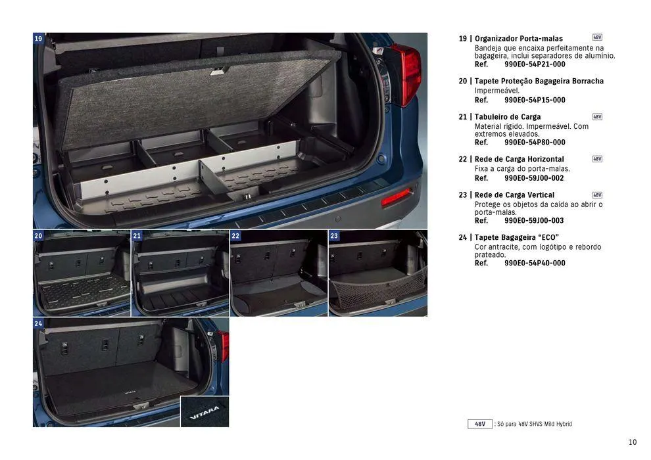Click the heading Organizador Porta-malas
click(518, 39)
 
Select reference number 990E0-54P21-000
click(535, 64)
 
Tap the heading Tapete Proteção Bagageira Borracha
click(539, 81)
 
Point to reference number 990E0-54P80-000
click(535, 143)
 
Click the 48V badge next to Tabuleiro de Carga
click(597, 116)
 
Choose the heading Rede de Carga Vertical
click(514, 195)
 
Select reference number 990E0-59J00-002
click(534, 178)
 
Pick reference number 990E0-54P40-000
click(535, 263)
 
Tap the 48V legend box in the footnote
click(480, 425)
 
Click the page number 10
click(632, 442)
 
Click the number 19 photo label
click(38, 39)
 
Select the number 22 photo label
click(235, 235)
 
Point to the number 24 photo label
click(38, 323)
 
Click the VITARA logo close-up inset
click(205, 412)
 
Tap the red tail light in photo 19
click(408, 72)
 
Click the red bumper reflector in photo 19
click(396, 196)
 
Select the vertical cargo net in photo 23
click(378, 284)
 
